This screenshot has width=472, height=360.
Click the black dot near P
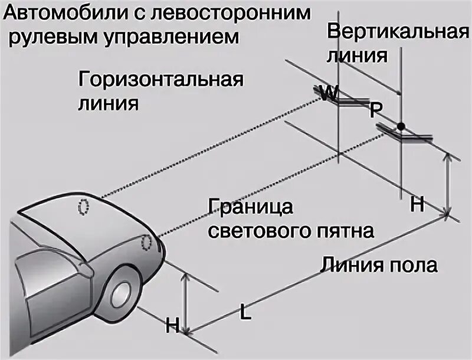point(401,126)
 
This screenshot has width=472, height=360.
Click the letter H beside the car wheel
point(172,323)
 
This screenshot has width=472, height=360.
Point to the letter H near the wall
point(417,205)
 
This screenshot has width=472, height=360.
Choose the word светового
point(257,230)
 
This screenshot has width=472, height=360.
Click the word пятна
point(345,230)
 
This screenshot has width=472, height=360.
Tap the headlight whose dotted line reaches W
point(84,207)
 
